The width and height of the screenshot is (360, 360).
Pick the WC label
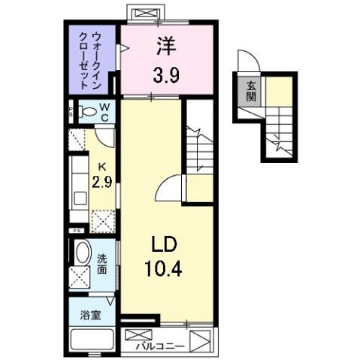pos(104,112)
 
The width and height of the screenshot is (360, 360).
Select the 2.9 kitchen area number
pos(101,183)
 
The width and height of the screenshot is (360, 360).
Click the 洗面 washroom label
pos(103,263)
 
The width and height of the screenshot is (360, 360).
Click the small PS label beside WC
pos(70,113)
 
